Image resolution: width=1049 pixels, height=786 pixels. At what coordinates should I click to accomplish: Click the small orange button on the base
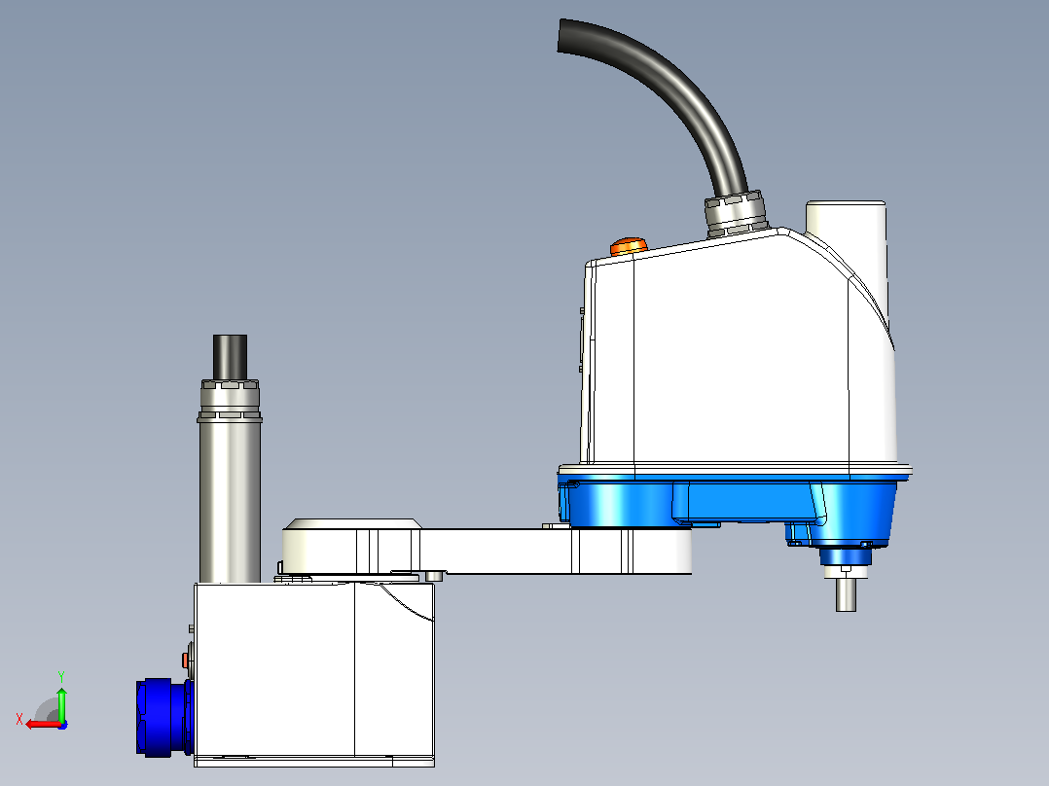[185, 661]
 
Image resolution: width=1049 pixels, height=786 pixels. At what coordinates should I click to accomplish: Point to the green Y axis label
[61, 676]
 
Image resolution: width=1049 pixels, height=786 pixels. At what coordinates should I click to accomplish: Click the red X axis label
[19, 719]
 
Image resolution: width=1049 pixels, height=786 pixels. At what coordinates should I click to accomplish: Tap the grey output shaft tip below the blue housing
[847, 594]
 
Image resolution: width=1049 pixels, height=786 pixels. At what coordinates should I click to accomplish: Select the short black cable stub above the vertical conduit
[230, 357]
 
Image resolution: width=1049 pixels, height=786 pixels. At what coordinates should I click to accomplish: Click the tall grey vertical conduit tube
[230, 502]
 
